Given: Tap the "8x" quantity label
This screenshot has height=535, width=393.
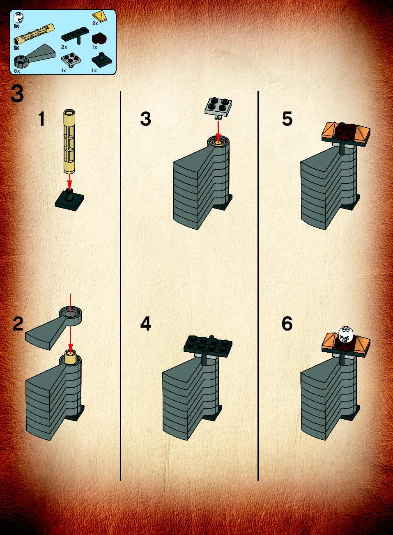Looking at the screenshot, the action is pyautogui.click(x=17, y=71).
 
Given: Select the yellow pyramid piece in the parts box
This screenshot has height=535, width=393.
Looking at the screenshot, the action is pyautogui.click(x=100, y=17).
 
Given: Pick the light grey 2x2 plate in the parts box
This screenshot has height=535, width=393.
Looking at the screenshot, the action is pyautogui.click(x=71, y=61).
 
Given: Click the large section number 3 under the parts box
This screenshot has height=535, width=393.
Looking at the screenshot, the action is pyautogui.click(x=17, y=94).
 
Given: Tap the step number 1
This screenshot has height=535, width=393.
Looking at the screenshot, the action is pyautogui.click(x=42, y=119).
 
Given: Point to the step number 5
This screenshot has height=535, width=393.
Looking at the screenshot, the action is pyautogui.click(x=287, y=119).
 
